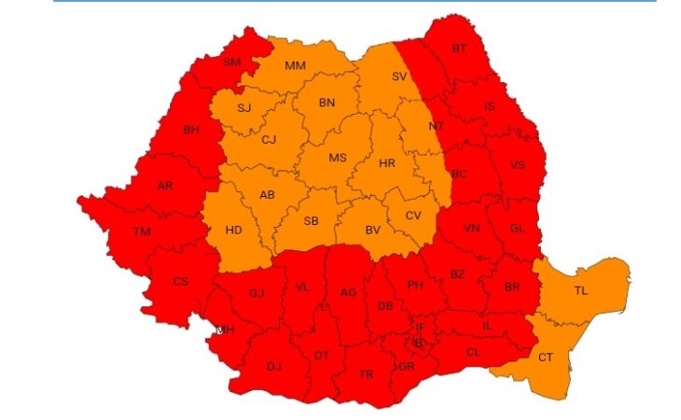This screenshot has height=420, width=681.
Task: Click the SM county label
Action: (x=231, y=63)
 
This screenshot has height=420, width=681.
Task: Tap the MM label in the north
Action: (x=296, y=65)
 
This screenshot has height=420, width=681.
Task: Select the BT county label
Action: (x=459, y=49)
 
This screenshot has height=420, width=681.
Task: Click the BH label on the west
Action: (x=191, y=130)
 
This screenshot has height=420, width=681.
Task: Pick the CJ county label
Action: (x=269, y=140)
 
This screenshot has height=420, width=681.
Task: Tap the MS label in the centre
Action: (x=337, y=158)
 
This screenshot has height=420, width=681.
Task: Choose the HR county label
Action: (x=388, y=162)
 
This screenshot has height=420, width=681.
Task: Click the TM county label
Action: (x=142, y=231)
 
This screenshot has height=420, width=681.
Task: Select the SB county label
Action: (x=311, y=221)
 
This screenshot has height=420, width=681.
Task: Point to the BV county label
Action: (x=373, y=230)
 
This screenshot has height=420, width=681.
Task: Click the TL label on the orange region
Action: (x=580, y=290)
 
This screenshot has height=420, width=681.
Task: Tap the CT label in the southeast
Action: (x=546, y=357)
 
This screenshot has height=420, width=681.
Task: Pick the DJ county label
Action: (x=274, y=366)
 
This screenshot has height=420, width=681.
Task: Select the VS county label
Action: (x=517, y=165)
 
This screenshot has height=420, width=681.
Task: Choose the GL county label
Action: (x=519, y=229)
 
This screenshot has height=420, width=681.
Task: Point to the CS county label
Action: (x=181, y=280)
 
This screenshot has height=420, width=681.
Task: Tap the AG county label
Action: (x=348, y=292)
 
